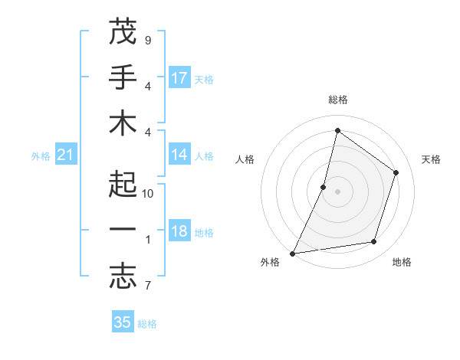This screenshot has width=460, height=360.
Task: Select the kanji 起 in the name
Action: [x=122, y=185]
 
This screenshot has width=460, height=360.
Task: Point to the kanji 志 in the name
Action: [x=122, y=278]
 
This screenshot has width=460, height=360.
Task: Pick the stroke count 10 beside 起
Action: [x=148, y=194]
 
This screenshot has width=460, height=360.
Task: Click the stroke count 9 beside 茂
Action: [x=148, y=40]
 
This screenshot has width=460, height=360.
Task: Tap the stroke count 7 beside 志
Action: [x=148, y=286]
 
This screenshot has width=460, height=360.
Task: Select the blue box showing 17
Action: [x=179, y=77]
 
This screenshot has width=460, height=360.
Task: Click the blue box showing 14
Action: [x=179, y=155]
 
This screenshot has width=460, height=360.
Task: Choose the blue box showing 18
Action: [x=179, y=232]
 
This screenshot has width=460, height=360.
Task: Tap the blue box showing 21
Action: [x=66, y=155]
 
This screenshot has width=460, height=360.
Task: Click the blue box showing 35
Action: [x=123, y=322]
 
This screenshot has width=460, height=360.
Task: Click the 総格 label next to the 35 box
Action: [x=148, y=324]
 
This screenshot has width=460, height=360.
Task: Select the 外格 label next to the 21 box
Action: [x=41, y=156]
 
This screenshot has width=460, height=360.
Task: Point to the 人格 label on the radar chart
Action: [x=245, y=159]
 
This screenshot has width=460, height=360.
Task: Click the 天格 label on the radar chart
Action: [x=432, y=159]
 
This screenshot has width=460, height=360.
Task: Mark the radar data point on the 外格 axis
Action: [x=293, y=253]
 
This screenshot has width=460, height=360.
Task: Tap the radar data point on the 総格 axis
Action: [x=337, y=130]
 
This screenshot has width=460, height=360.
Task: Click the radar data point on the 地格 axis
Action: [x=374, y=242]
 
